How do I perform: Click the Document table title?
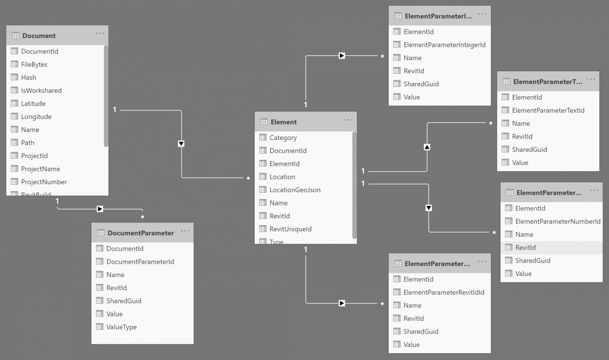39,36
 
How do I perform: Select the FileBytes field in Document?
34,64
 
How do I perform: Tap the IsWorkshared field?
41,91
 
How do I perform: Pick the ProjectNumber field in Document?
44,182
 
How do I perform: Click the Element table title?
284,122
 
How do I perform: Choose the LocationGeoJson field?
295,190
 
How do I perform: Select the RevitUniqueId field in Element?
290,229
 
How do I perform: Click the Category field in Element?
283,138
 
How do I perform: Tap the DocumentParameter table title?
140,233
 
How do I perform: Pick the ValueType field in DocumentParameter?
121,327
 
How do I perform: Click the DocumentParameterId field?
140,262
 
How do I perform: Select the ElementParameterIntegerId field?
444,45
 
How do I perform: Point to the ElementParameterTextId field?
548,110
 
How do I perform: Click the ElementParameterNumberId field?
558,221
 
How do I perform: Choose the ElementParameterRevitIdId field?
444,292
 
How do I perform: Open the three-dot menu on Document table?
100,33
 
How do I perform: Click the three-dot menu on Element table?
348,120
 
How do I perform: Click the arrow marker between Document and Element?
181,144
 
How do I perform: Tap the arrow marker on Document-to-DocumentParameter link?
100,209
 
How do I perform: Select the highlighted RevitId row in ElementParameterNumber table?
525,248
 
